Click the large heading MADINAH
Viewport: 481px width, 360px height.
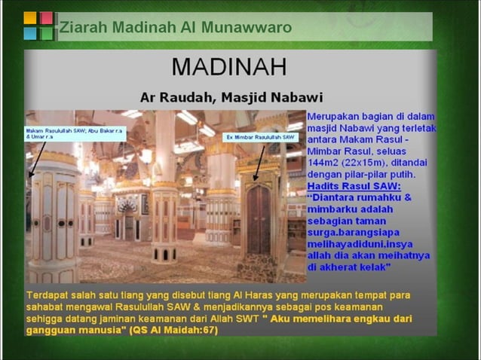pyautogui.click(x=229, y=66)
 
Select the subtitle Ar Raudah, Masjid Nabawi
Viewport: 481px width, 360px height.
pyautogui.click(x=231, y=97)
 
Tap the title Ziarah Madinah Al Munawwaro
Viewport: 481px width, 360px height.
pyautogui.click(x=176, y=28)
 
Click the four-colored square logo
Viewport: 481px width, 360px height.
pyautogui.click(x=38, y=26)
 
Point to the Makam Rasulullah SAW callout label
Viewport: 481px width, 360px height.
pyautogui.click(x=75, y=134)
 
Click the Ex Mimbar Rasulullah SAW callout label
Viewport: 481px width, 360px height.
pyautogui.click(x=261, y=138)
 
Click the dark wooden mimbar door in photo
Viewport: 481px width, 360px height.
pyautogui.click(x=259, y=218)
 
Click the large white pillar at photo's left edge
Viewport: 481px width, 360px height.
pyautogui.click(x=53, y=218)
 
